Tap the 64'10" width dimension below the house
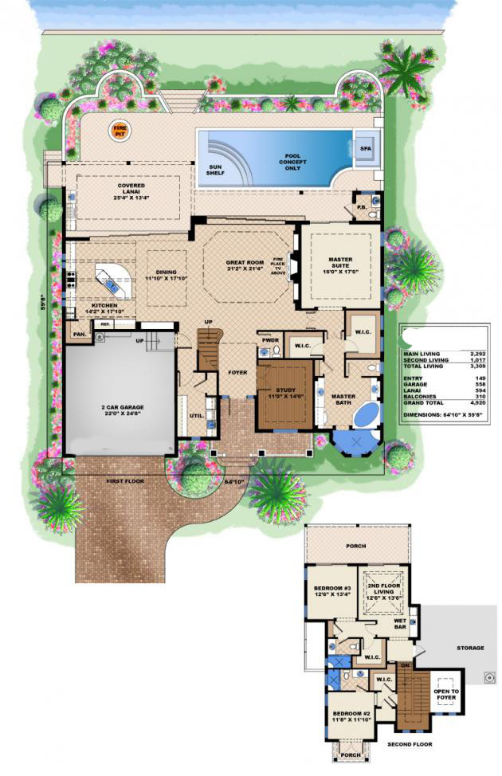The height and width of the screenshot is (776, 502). pyautogui.click(x=233, y=482)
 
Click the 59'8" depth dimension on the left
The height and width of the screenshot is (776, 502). pyautogui.click(x=47, y=305)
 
